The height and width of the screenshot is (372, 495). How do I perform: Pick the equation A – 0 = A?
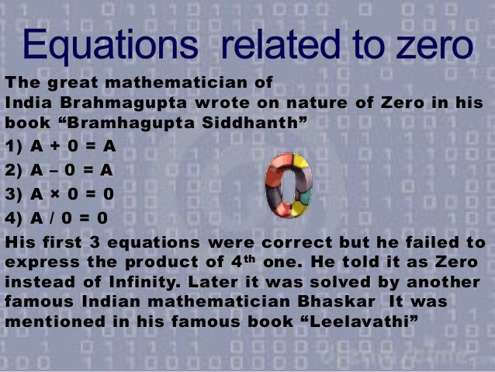[x=59, y=170]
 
